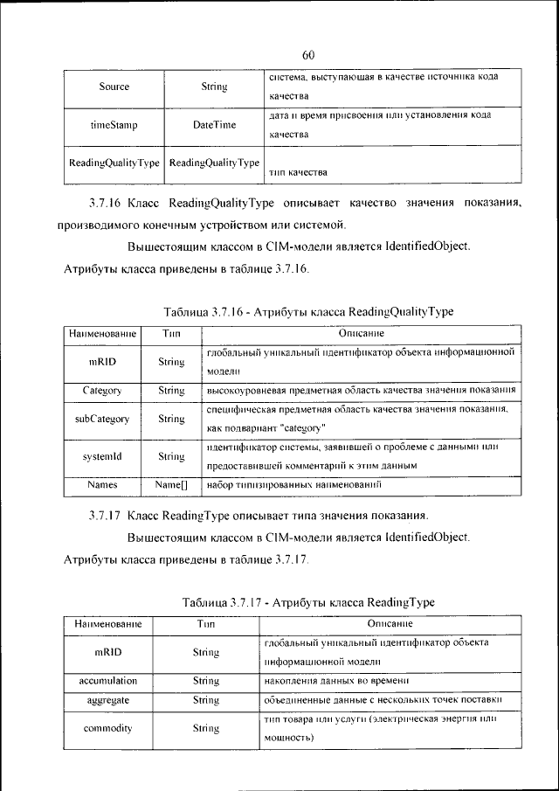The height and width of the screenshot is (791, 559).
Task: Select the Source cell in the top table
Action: click(114, 87)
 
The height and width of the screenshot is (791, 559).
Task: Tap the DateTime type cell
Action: click(214, 125)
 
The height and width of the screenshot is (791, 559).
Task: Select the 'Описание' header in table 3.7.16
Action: click(362, 334)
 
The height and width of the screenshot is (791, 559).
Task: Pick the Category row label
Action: click(102, 391)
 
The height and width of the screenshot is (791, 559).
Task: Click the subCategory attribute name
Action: click(102, 419)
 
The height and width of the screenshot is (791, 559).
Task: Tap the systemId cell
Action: click(102, 456)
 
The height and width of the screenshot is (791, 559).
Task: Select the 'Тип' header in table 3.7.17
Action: click(205, 624)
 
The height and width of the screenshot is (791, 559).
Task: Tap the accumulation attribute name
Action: click(107, 680)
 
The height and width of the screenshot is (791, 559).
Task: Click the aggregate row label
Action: click(107, 700)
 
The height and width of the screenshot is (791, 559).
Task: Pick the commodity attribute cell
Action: click(107, 728)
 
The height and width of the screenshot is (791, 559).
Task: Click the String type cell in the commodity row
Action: click(205, 728)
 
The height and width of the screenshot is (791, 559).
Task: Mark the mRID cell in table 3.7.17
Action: click(107, 652)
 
